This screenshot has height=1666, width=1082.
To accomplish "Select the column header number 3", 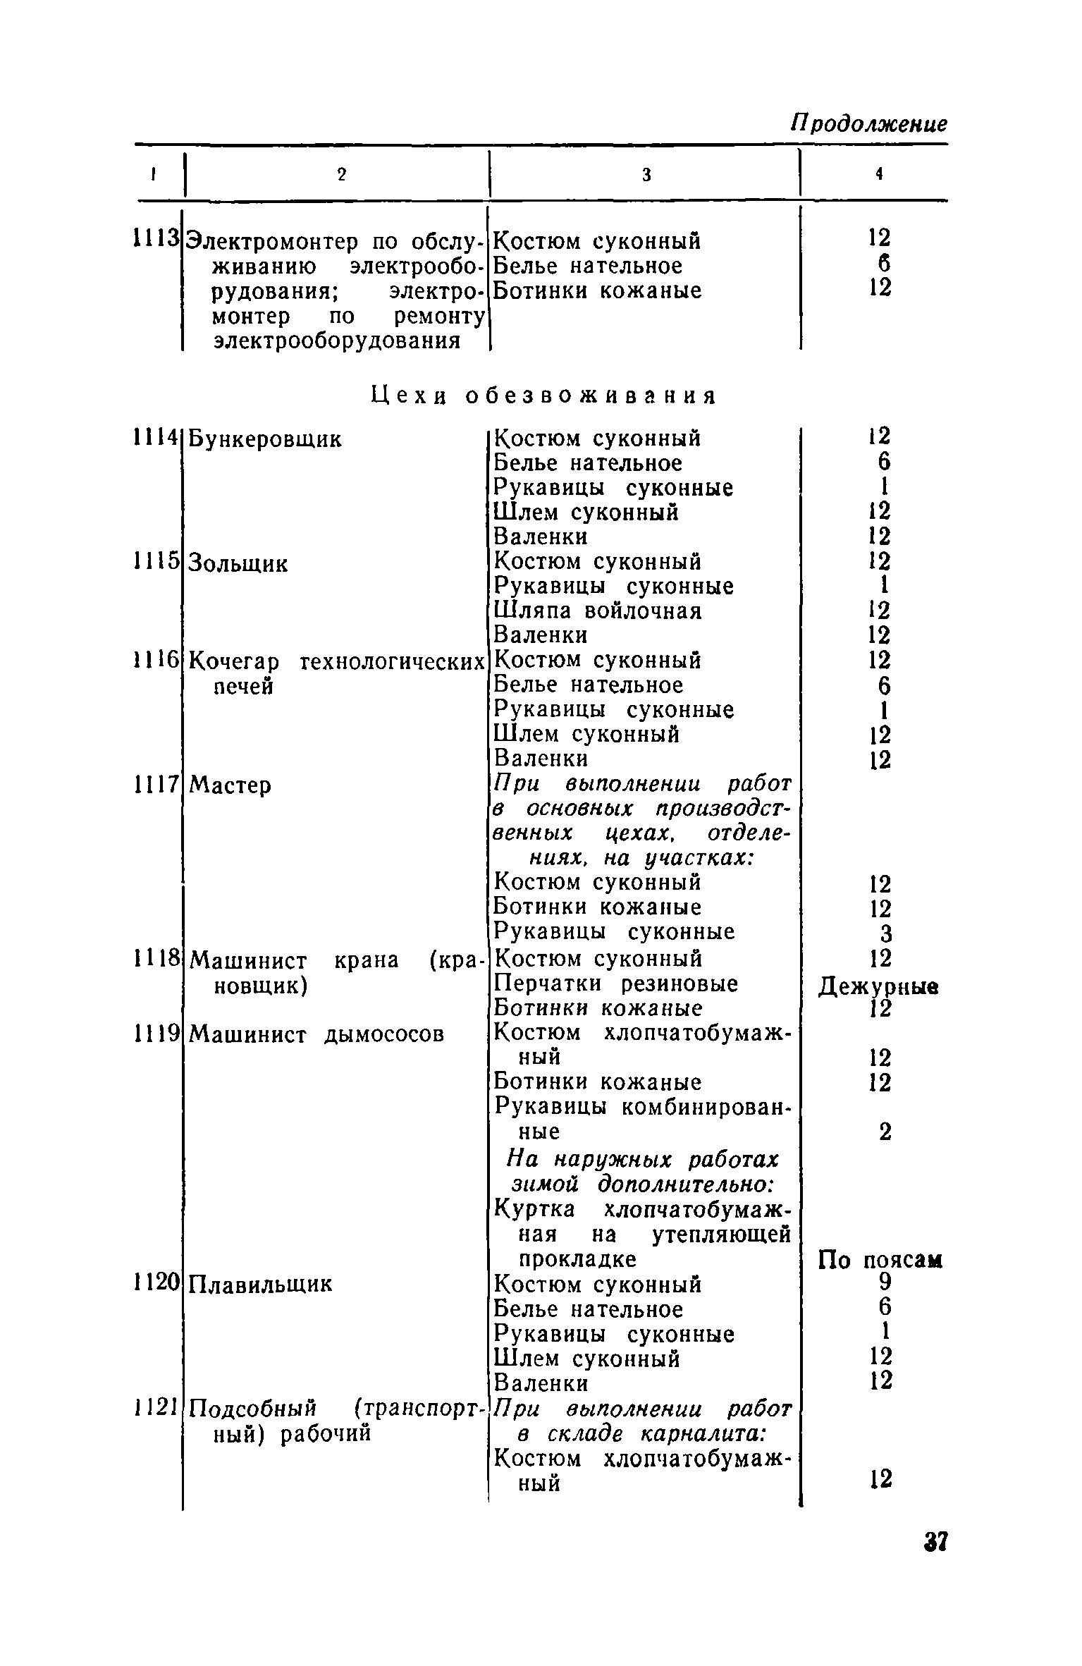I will [x=646, y=176].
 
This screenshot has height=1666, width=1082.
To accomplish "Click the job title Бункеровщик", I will [x=266, y=439].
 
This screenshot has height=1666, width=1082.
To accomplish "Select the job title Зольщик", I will [x=240, y=564].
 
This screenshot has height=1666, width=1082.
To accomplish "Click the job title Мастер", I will [x=230, y=785].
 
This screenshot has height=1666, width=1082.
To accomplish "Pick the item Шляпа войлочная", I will [x=598, y=611].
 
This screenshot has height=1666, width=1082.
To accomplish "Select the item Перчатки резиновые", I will [x=615, y=984].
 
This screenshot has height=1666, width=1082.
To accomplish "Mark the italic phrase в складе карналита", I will [x=642, y=1433].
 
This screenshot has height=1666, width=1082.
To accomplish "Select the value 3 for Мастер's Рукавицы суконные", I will [x=886, y=933].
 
